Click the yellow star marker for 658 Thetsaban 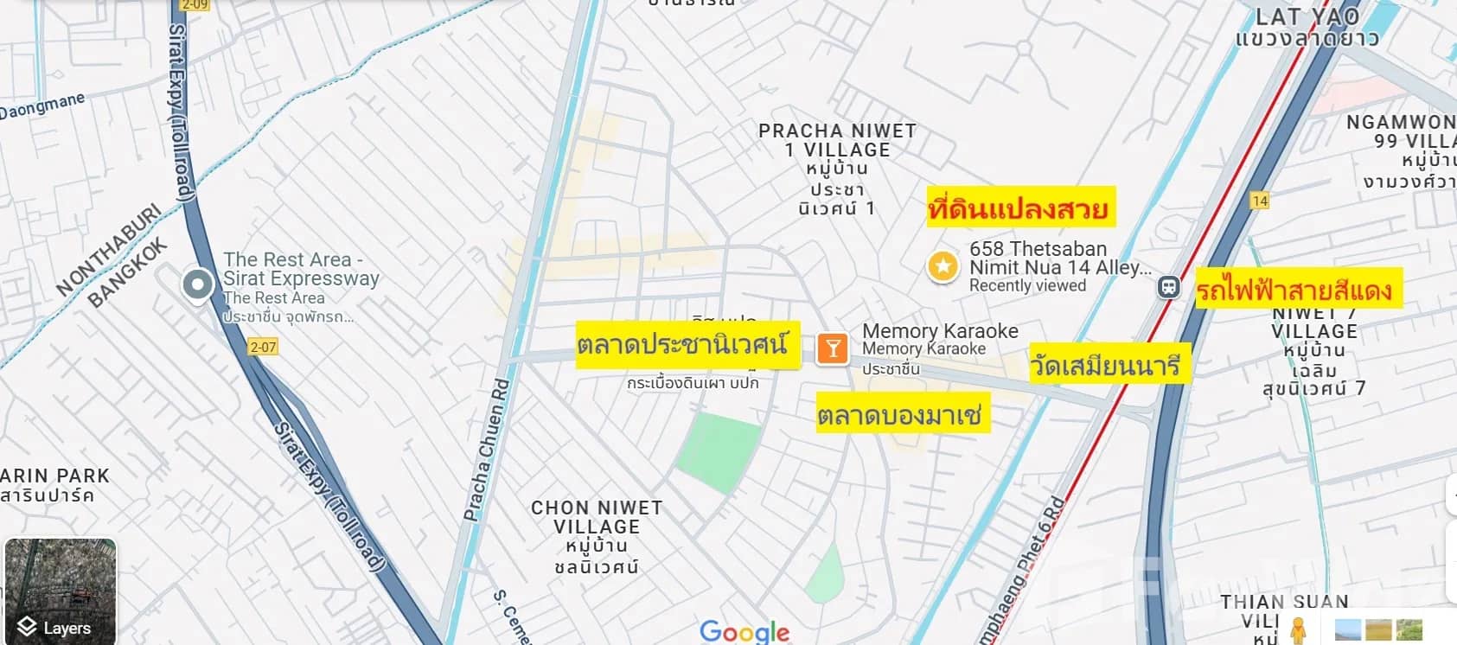point(943,266)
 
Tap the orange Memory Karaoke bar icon point(832,348)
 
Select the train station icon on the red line point(1168,287)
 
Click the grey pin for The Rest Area point(198,284)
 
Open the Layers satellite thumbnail point(60,591)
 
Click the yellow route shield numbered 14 point(1260,201)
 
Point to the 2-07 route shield point(263,347)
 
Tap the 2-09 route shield point(195,5)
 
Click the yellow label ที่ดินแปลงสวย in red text point(1019,208)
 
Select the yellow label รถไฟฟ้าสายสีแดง point(1295,289)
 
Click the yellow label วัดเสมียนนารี point(1106,365)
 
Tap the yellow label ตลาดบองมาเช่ point(900,415)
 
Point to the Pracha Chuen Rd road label point(486,450)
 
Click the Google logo point(744,631)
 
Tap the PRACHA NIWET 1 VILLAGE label point(837,140)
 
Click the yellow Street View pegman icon point(1297,630)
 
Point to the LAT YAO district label point(1307,17)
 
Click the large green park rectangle point(719,451)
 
